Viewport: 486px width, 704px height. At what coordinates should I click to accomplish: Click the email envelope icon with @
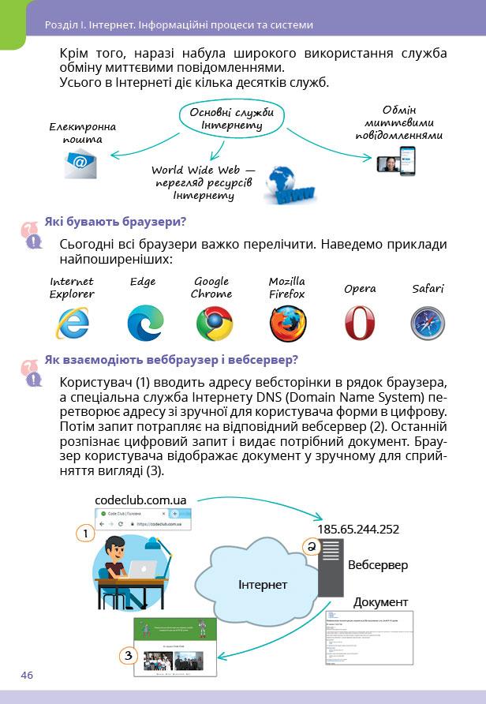[80, 163]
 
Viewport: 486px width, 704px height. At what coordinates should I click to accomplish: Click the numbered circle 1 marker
[85, 534]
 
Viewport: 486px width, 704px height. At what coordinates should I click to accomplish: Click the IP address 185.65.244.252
[357, 530]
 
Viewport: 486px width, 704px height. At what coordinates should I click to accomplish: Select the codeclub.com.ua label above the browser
[140, 500]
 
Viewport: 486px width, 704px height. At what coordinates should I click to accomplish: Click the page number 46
[28, 675]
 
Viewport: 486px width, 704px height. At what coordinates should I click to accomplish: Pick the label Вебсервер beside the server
[378, 565]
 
